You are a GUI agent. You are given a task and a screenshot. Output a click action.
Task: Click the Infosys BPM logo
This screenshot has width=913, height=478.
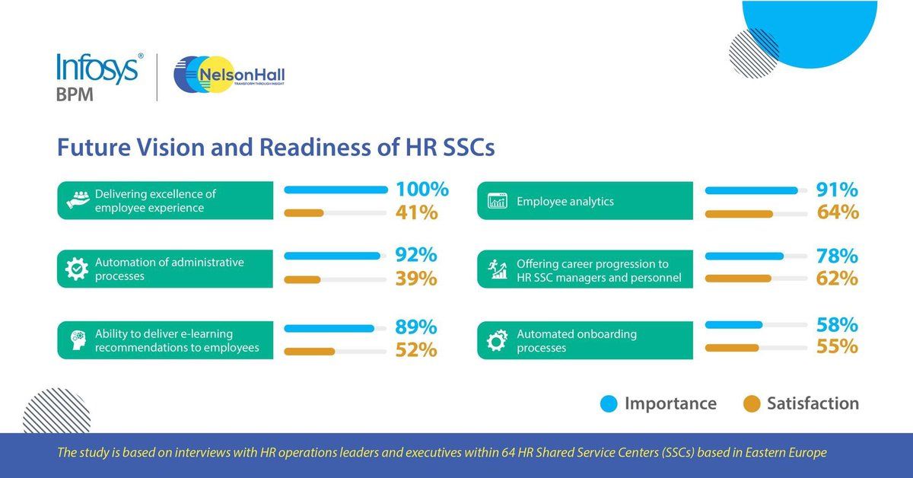98,76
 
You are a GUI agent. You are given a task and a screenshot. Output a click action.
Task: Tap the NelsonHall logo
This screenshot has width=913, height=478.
229,76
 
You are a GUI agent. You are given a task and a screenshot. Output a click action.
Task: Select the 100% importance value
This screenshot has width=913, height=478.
422,190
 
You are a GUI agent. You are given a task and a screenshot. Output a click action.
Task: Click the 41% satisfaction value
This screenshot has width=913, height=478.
416,212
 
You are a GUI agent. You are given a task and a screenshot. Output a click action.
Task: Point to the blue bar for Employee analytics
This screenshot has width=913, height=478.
752,190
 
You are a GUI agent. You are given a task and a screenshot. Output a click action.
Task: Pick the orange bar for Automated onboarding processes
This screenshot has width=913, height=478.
732,348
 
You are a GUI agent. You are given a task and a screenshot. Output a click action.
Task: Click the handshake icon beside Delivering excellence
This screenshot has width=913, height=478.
78,201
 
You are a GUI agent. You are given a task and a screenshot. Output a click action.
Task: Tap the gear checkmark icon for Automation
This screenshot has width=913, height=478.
77,269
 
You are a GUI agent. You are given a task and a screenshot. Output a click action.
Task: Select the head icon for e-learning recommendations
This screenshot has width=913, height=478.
77,340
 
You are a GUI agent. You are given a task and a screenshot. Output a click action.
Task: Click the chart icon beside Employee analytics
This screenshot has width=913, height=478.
497,202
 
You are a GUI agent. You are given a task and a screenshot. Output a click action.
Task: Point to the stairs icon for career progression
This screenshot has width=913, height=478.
498,269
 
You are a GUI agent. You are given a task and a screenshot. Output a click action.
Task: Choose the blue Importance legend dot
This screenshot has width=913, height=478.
609,403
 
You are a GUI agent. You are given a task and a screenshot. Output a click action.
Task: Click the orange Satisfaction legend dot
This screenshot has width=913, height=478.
751,403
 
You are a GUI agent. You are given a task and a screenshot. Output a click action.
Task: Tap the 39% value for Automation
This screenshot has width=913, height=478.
416,279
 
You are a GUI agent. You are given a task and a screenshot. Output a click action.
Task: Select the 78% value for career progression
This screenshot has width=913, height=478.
838,256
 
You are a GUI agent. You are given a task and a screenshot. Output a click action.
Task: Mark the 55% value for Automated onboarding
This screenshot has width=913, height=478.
838,346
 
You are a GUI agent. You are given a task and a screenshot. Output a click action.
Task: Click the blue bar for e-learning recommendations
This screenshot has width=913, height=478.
329,329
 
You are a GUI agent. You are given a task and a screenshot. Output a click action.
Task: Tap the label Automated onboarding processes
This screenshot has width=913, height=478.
565,340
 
